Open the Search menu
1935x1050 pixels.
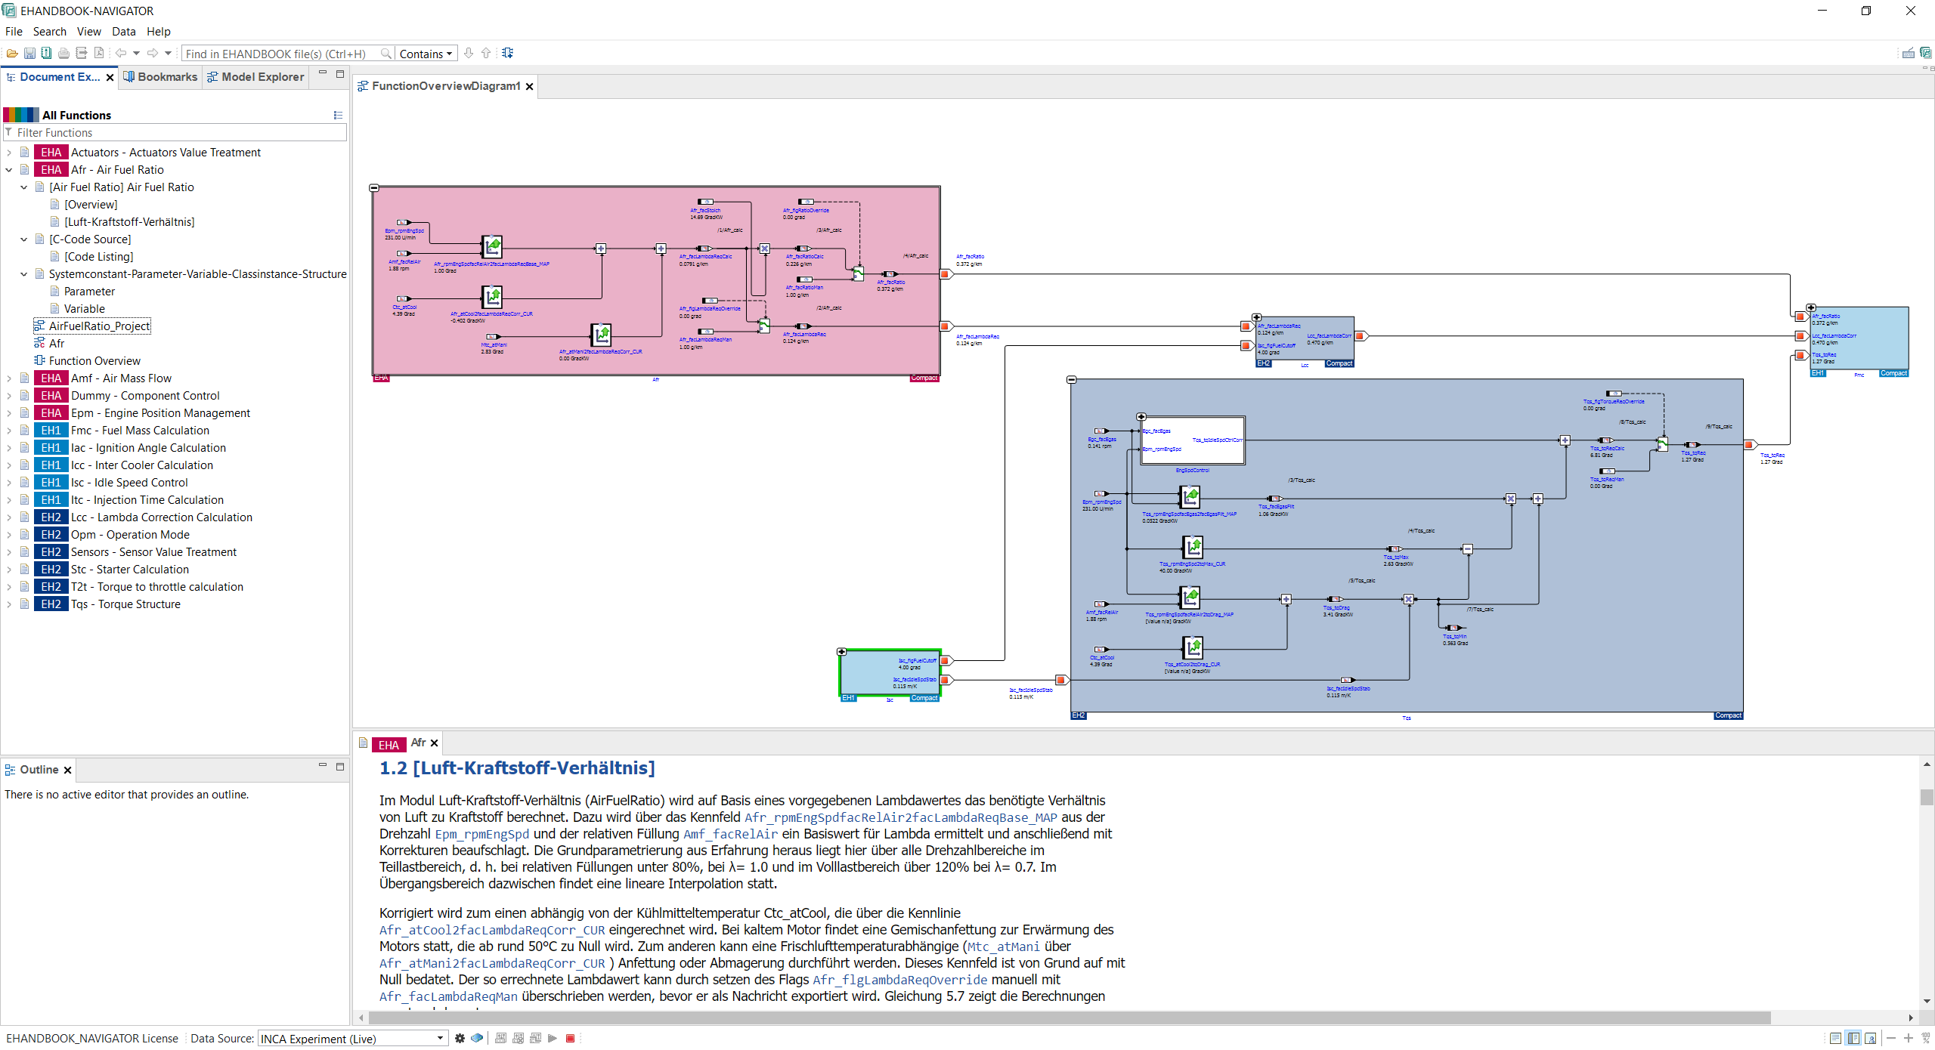coord(49,32)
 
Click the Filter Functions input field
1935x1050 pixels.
coord(178,133)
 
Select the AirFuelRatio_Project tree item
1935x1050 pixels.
coord(99,326)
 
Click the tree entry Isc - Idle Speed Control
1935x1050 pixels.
coord(129,483)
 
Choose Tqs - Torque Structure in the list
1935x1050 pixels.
coord(125,604)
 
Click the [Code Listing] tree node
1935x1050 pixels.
coord(98,257)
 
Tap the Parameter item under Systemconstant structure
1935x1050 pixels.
coord(89,292)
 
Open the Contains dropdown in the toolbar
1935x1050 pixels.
coord(426,54)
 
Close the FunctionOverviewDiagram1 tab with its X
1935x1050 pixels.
coord(530,87)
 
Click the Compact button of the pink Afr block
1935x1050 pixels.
coord(924,378)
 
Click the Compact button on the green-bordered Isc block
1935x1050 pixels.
coord(924,699)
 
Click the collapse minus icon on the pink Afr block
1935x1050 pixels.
coord(374,188)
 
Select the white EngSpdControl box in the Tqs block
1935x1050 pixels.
coord(1192,440)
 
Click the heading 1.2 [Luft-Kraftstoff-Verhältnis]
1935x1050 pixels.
coord(517,768)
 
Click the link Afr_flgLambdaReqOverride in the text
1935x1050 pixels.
coord(899,981)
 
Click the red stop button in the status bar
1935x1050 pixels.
coord(571,1039)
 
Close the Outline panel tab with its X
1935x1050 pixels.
coord(68,771)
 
